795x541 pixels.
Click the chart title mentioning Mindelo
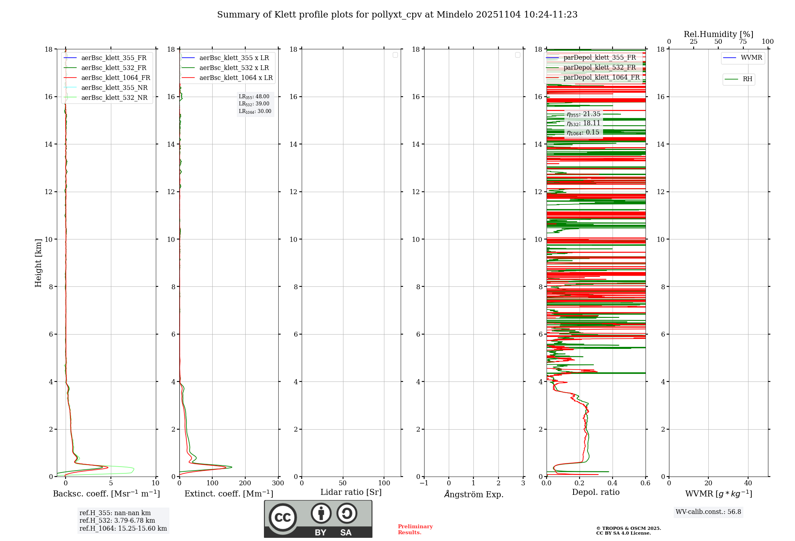pyautogui.click(x=397, y=15)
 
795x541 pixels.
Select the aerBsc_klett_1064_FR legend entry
pyautogui.click(x=115, y=78)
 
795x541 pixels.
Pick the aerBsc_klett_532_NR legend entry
pyautogui.click(x=114, y=98)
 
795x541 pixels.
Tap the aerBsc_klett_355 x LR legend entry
pyautogui.click(x=234, y=58)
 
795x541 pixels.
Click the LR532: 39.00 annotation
pyautogui.click(x=254, y=104)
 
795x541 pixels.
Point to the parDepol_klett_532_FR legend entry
pyautogui.click(x=599, y=68)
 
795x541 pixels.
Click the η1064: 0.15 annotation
pyautogui.click(x=583, y=132)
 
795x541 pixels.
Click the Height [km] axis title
pyautogui.click(x=38, y=263)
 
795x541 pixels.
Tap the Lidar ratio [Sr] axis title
pyautogui.click(x=351, y=492)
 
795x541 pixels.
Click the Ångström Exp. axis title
pyautogui.click(x=474, y=494)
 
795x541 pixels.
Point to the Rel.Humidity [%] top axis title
pyautogui.click(x=718, y=34)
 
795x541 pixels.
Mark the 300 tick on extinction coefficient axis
pyautogui.click(x=278, y=483)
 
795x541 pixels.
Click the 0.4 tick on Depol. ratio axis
pyautogui.click(x=613, y=483)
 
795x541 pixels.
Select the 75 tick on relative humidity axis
pyautogui.click(x=743, y=42)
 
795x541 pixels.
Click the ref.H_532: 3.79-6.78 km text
pyautogui.click(x=117, y=521)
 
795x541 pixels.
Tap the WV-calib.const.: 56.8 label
pyautogui.click(x=708, y=512)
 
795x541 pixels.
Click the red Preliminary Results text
pyautogui.click(x=415, y=529)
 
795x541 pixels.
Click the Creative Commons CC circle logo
pyautogui.click(x=283, y=518)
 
